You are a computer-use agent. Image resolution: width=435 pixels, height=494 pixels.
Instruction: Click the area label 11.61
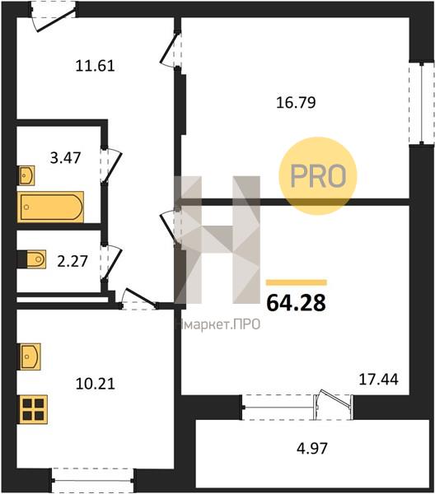(x=96, y=66)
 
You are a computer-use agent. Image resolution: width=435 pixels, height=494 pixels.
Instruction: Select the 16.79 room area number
(x=296, y=103)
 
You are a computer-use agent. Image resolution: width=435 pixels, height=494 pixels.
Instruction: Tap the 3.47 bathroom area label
(x=66, y=158)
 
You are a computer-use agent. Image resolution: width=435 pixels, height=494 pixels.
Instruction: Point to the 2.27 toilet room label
(x=72, y=261)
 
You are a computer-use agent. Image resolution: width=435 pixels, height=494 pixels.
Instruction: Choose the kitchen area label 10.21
(x=96, y=384)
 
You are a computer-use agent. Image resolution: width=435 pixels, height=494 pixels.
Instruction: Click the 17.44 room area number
(x=379, y=380)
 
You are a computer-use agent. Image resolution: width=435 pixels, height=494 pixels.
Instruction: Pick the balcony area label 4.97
(x=312, y=449)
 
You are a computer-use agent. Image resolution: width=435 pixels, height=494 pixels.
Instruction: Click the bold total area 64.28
(x=296, y=303)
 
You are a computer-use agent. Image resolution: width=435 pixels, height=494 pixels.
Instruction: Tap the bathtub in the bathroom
(x=50, y=207)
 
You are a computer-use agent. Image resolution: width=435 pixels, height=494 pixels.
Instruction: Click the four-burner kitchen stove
(x=33, y=409)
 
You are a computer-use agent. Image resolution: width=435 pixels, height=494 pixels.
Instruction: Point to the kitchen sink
(x=30, y=357)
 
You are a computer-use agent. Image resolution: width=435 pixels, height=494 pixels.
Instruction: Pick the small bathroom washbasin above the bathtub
(x=26, y=175)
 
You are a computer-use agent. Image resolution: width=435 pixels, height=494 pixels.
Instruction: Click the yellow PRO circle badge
(x=318, y=176)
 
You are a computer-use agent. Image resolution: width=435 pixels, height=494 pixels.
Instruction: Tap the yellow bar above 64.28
(x=297, y=282)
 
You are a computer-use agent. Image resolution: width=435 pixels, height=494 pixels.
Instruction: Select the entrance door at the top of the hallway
(x=53, y=17)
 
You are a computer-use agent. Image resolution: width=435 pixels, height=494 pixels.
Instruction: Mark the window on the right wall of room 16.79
(x=422, y=104)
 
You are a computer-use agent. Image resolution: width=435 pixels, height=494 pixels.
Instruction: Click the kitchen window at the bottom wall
(x=92, y=481)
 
